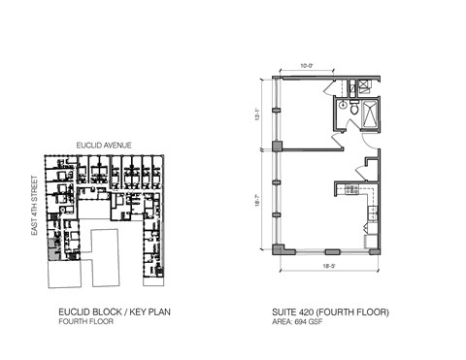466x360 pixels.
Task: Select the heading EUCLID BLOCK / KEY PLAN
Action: coord(108,311)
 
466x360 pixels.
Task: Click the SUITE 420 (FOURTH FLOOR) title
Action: coord(330,311)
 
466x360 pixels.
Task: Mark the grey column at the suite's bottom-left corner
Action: coord(279,249)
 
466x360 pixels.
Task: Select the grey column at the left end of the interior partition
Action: coord(278,147)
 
